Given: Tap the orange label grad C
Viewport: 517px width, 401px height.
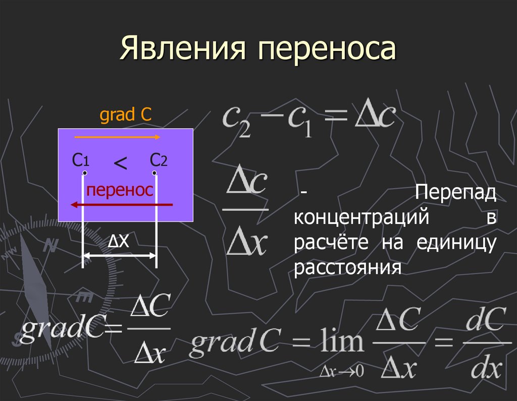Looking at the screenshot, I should click(126, 116).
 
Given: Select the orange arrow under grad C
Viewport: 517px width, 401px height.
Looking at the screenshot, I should click(118, 137).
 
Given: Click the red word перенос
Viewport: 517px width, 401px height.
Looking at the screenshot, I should click(119, 190).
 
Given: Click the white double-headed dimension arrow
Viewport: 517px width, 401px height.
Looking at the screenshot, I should click(120, 256).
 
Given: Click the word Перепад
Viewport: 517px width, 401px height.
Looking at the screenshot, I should click(456, 193).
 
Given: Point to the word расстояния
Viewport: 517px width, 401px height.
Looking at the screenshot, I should click(347, 267).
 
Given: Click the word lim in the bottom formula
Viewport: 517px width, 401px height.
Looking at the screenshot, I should click(341, 342).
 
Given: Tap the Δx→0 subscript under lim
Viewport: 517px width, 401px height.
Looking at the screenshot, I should click(342, 372).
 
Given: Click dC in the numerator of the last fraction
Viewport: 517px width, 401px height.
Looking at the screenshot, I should click(485, 319).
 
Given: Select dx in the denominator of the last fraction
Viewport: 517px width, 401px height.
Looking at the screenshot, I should click(485, 370).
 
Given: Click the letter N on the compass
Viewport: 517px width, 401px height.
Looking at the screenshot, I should click(49, 246).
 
